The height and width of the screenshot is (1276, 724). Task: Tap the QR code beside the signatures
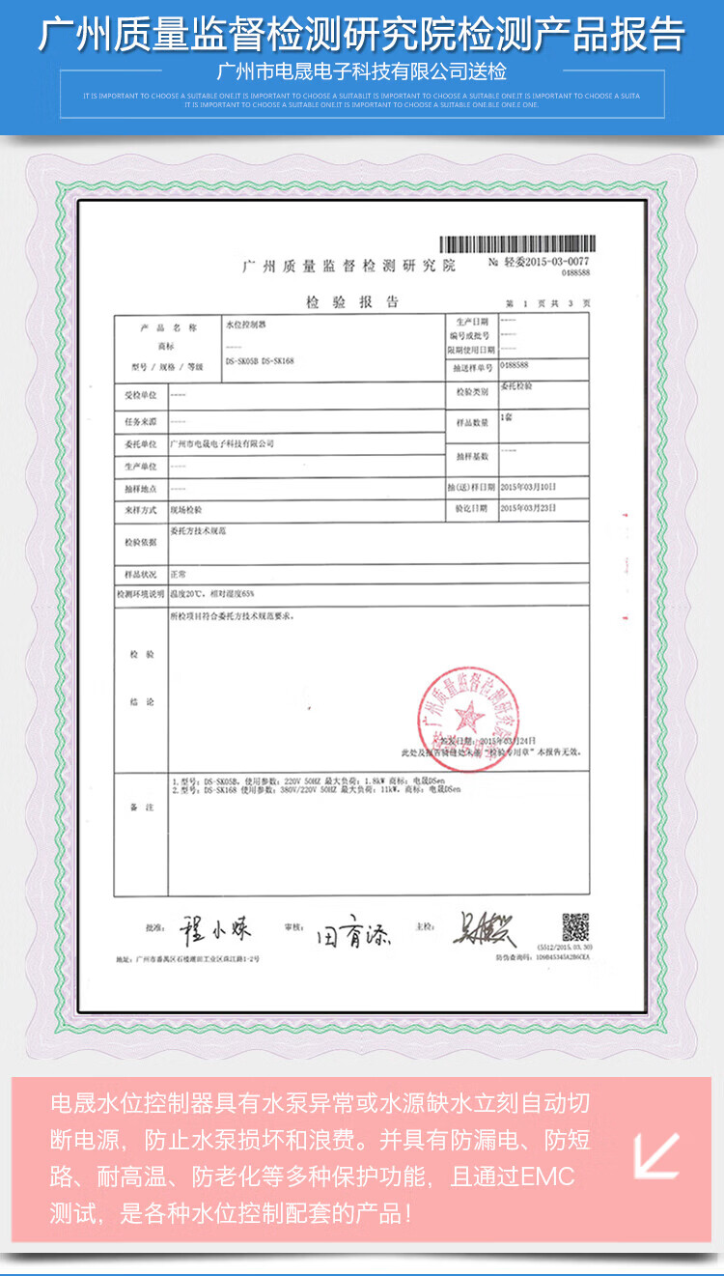click(x=575, y=926)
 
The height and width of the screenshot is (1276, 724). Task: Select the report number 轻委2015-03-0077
click(x=539, y=263)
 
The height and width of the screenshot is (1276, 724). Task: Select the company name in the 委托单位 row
click(x=222, y=443)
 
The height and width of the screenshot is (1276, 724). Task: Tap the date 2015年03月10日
click(x=529, y=486)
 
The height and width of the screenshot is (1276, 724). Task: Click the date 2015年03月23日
click(x=529, y=507)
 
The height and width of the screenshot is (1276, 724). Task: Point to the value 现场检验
click(x=186, y=507)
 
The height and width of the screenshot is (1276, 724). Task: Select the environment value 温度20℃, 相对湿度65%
click(x=211, y=593)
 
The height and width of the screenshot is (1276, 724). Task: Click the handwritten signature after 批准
click(x=214, y=930)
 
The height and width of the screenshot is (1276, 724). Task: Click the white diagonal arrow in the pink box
click(x=656, y=1156)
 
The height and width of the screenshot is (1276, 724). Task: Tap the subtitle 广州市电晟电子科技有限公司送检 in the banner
click(x=362, y=72)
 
